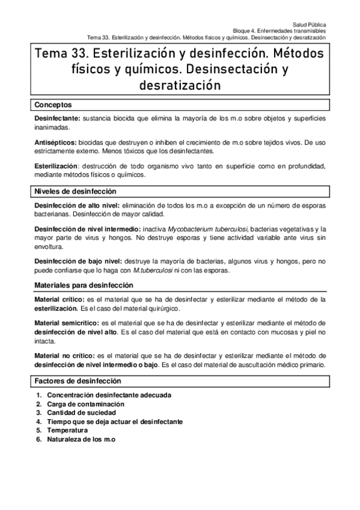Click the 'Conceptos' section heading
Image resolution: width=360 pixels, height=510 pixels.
click(x=53, y=105)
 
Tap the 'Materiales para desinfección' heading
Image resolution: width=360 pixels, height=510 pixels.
click(x=84, y=285)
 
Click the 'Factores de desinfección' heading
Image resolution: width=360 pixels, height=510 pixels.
click(x=78, y=381)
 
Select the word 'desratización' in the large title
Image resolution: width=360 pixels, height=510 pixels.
click(x=180, y=85)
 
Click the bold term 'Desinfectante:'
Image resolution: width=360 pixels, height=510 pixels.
click(x=58, y=119)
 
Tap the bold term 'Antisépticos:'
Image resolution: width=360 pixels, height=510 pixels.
click(x=56, y=142)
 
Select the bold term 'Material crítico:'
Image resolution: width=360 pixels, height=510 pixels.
click(x=60, y=300)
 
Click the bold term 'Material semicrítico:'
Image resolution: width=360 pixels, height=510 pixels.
click(x=67, y=323)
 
